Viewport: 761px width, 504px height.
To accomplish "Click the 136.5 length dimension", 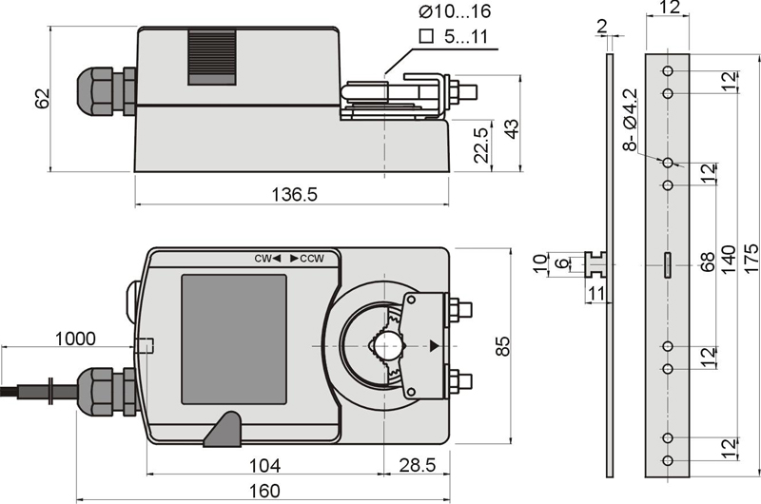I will pos(295,194).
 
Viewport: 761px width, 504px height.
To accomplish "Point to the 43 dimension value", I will pos(511,128).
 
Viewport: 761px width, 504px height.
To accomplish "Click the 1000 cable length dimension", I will pos(75,338).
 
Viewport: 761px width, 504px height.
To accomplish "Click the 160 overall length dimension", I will pos(265,491).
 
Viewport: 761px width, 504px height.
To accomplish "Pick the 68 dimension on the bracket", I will pos(708,262).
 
